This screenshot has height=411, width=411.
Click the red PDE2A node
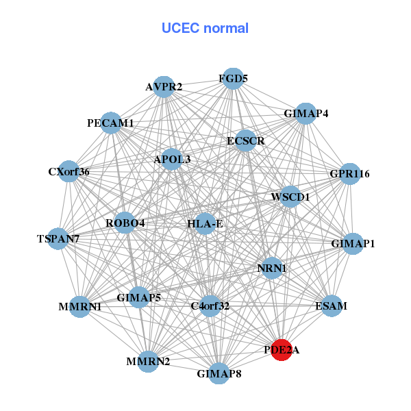pyautogui.click(x=282, y=349)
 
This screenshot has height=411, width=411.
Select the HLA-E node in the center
pyautogui.click(x=205, y=223)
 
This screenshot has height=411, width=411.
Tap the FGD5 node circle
pyautogui.click(x=233, y=79)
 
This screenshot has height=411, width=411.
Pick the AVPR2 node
pyautogui.click(x=164, y=87)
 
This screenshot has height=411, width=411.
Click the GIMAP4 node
pyautogui.click(x=305, y=113)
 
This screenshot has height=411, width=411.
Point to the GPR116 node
pyautogui.click(x=350, y=174)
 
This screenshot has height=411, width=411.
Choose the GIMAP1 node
pyautogui.click(x=353, y=244)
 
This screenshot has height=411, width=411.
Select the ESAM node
pyautogui.click(x=331, y=306)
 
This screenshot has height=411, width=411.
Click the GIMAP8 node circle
pyautogui.click(x=219, y=373)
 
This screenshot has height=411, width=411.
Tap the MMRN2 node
pyautogui.click(x=148, y=361)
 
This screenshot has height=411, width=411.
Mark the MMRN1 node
pyautogui.click(x=80, y=306)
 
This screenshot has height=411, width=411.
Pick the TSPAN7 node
pyautogui.click(x=58, y=239)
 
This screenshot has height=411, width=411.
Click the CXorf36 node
pyautogui.click(x=69, y=171)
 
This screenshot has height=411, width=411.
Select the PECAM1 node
pyautogui.click(x=111, y=123)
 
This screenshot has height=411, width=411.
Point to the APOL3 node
pyautogui.click(x=172, y=160)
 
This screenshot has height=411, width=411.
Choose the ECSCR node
pyautogui.click(x=245, y=141)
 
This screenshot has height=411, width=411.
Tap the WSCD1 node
pyautogui.click(x=290, y=197)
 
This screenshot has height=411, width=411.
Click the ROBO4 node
pyautogui.click(x=125, y=223)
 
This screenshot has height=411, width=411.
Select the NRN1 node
pyautogui.click(x=271, y=268)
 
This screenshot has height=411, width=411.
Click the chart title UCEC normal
pyautogui.click(x=205, y=28)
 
